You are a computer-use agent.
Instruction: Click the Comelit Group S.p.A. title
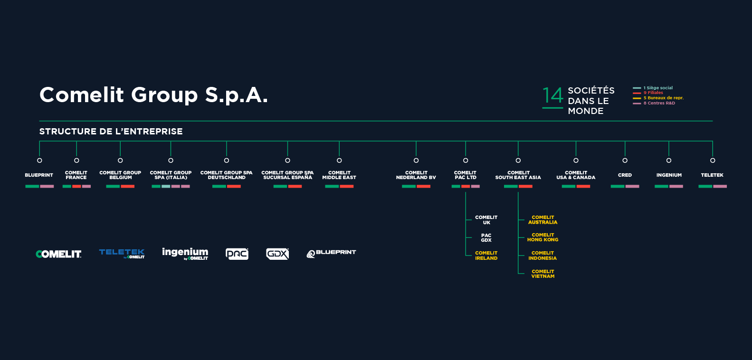click(153, 95)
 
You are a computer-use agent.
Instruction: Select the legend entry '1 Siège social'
click(658, 88)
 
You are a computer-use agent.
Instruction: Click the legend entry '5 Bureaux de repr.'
click(663, 98)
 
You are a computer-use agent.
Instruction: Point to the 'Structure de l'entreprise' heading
click(111, 132)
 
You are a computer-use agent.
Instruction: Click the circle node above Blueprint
click(39, 161)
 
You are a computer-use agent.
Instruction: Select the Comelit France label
click(76, 175)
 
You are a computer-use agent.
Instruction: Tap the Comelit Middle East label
click(339, 175)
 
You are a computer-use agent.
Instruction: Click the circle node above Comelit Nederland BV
click(416, 161)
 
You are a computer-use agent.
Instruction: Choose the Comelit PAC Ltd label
click(465, 175)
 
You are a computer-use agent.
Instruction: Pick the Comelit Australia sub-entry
click(543, 220)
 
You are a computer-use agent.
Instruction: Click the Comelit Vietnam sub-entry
click(543, 274)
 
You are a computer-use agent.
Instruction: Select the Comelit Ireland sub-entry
click(486, 256)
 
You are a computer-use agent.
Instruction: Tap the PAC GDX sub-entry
click(486, 238)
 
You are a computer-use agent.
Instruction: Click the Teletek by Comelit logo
click(122, 253)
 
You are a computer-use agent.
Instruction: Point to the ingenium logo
click(185, 253)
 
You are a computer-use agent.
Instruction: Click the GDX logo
click(277, 254)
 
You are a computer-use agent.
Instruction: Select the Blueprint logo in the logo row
click(331, 253)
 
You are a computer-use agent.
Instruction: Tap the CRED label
click(625, 175)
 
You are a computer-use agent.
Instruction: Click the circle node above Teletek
click(713, 161)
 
